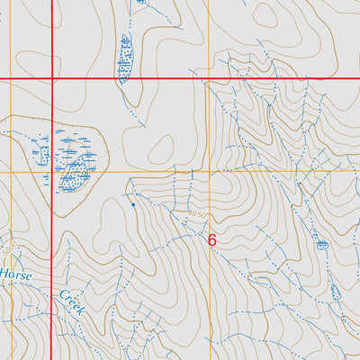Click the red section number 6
212,240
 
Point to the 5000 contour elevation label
11,247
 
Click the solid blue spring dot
134,204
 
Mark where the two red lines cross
52,80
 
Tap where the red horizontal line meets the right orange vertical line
209,80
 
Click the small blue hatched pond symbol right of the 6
321,244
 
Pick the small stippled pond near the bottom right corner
336,292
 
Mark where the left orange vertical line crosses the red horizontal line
11,80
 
